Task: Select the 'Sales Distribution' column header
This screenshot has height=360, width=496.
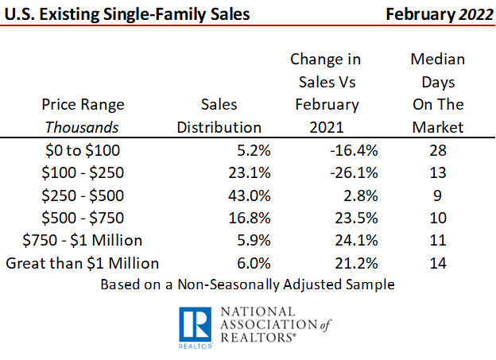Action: tap(219, 116)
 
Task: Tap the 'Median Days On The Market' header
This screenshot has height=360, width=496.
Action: tap(438, 93)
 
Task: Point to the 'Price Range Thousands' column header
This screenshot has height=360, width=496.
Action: tap(84, 116)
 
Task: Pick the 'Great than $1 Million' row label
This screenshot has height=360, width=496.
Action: tap(83, 262)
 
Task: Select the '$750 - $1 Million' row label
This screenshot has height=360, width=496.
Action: tap(84, 240)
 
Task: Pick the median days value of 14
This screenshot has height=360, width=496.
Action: tap(438, 262)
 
